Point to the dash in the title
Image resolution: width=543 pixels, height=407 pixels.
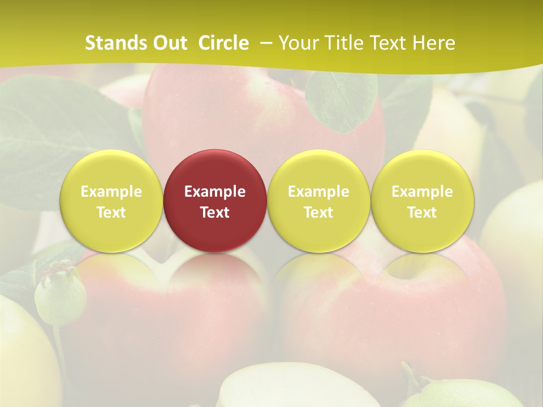pyautogui.click(x=265, y=43)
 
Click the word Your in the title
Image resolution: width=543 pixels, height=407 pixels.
pyautogui.click(x=296, y=43)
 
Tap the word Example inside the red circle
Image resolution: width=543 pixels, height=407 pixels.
pyautogui.click(x=215, y=192)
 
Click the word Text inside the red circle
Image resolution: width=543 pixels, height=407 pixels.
pyautogui.click(x=215, y=213)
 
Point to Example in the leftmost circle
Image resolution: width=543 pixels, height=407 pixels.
pyautogui.click(x=111, y=192)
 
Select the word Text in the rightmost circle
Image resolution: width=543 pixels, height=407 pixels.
pyautogui.click(x=422, y=213)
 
